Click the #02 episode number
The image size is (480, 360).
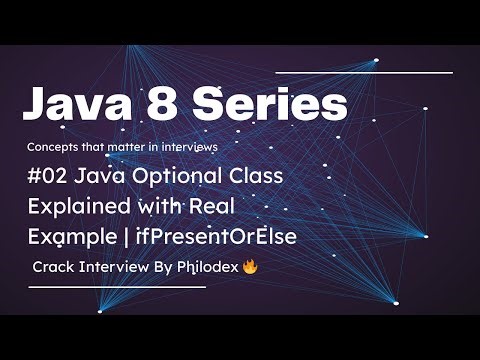coord(49,177)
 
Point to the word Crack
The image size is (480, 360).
coord(56,268)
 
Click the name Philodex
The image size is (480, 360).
coord(202,268)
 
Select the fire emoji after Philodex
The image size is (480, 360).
coord(250,268)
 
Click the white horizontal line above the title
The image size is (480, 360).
coord(363,73)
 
